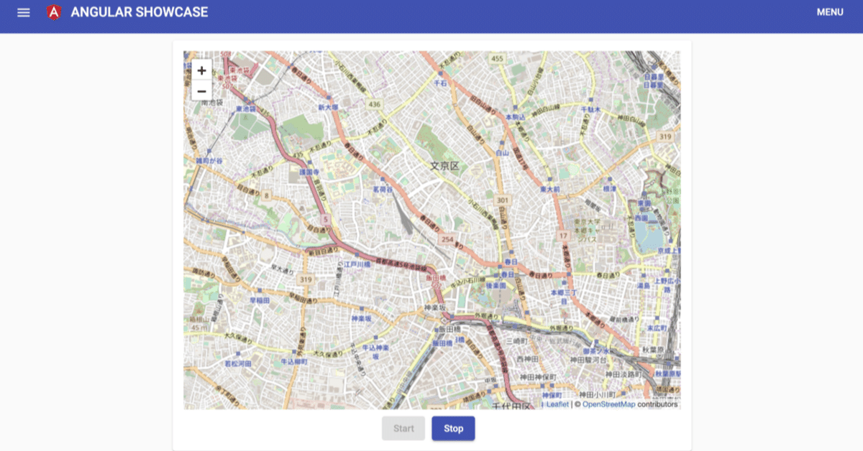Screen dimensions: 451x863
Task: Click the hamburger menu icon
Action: pyautogui.click(x=24, y=12)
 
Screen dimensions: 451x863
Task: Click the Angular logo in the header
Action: pyautogui.click(x=53, y=12)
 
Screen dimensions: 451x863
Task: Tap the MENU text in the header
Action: pyautogui.click(x=830, y=12)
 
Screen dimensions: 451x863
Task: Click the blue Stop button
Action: pyautogui.click(x=453, y=429)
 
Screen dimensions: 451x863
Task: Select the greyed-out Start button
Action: pyautogui.click(x=403, y=429)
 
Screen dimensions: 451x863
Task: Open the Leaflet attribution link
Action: pyautogui.click(x=557, y=404)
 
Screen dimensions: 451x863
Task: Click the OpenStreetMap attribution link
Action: pyautogui.click(x=608, y=404)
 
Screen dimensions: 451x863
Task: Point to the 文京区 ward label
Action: pyautogui.click(x=444, y=166)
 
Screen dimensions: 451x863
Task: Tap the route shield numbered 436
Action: pyautogui.click(x=374, y=105)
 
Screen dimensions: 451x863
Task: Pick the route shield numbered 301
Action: pyautogui.click(x=503, y=200)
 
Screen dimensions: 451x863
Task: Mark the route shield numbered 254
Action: pyautogui.click(x=448, y=239)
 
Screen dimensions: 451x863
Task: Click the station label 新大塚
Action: pyautogui.click(x=328, y=107)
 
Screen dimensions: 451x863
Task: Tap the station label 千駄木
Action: pyautogui.click(x=590, y=108)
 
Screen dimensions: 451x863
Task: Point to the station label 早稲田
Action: pyautogui.click(x=260, y=300)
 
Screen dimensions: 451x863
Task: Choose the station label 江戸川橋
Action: pyautogui.click(x=357, y=264)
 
